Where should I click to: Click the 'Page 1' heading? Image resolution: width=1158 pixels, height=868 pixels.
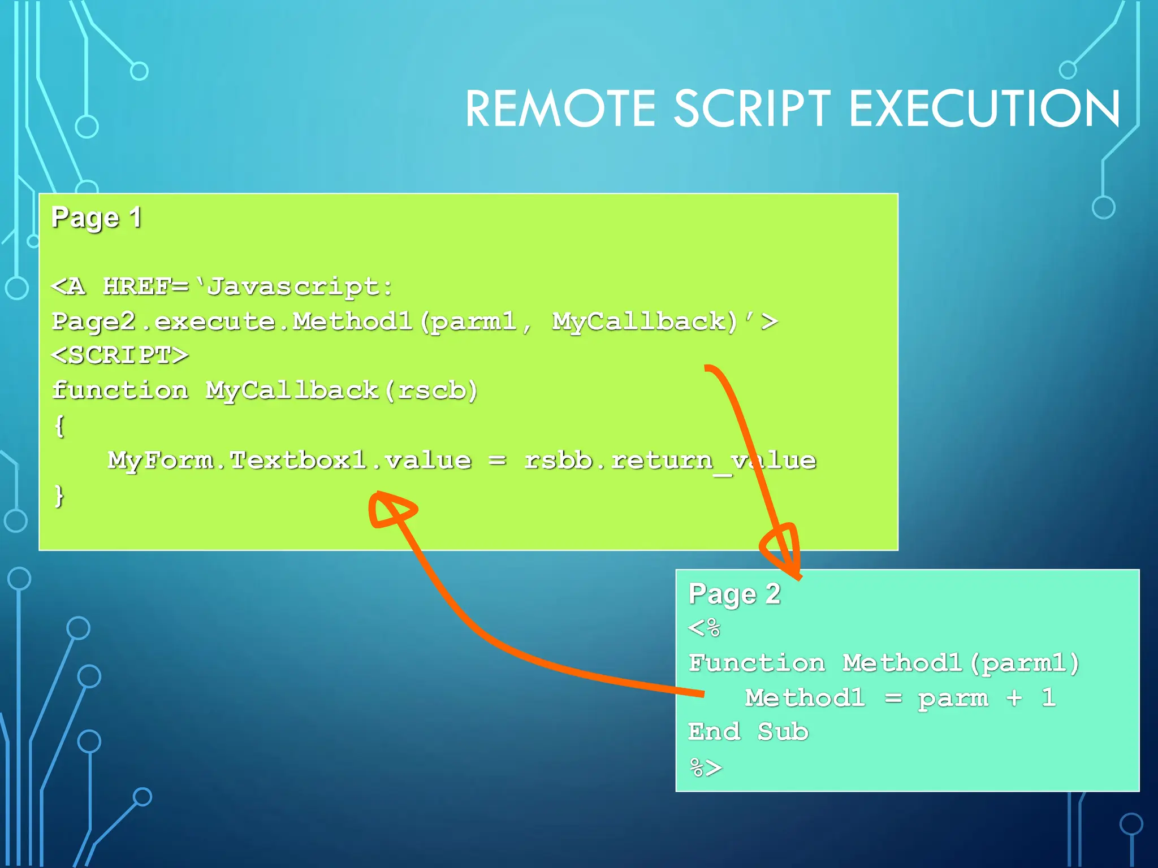(x=96, y=218)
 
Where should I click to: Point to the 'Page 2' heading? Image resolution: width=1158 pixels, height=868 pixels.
(x=734, y=594)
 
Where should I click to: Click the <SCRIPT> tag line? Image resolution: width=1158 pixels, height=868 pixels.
(x=120, y=356)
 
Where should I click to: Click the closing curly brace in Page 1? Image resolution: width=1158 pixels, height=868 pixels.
(x=59, y=496)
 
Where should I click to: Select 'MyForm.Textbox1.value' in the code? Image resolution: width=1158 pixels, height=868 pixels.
(x=289, y=461)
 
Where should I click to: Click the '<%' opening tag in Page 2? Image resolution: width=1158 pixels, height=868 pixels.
(x=704, y=628)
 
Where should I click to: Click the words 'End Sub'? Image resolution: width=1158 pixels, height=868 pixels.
(x=748, y=732)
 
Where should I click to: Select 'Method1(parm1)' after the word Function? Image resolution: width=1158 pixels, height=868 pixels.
(x=961, y=663)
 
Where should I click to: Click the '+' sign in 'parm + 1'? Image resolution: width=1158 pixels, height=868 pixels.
(x=1014, y=698)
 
